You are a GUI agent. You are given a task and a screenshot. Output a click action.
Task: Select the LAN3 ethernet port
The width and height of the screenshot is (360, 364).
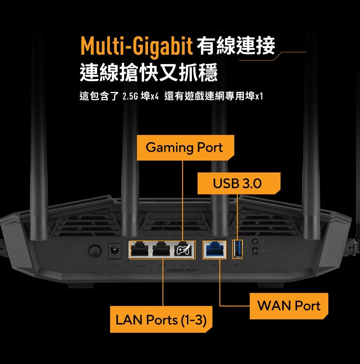(x=139, y=249)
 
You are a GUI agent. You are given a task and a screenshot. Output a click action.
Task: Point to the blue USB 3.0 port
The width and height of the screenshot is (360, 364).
(x=238, y=249)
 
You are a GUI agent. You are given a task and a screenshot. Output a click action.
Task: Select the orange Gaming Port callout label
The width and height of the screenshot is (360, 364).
(x=184, y=148)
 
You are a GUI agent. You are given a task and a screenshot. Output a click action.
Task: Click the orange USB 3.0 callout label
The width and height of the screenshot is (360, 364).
(x=237, y=184)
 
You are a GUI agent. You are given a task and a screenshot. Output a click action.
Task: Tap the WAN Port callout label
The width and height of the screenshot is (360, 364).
(x=289, y=306)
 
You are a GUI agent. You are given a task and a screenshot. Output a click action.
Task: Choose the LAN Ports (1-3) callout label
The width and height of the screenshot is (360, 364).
(x=161, y=319)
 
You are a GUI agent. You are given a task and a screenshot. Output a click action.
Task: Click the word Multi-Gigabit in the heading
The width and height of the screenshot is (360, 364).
(x=136, y=47)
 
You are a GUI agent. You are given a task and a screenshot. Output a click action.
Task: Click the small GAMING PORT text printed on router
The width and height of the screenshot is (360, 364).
(x=183, y=270)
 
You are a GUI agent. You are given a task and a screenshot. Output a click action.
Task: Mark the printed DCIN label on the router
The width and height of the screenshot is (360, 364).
(x=114, y=266)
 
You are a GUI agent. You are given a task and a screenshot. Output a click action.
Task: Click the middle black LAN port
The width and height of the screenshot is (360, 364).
(x=162, y=249)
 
